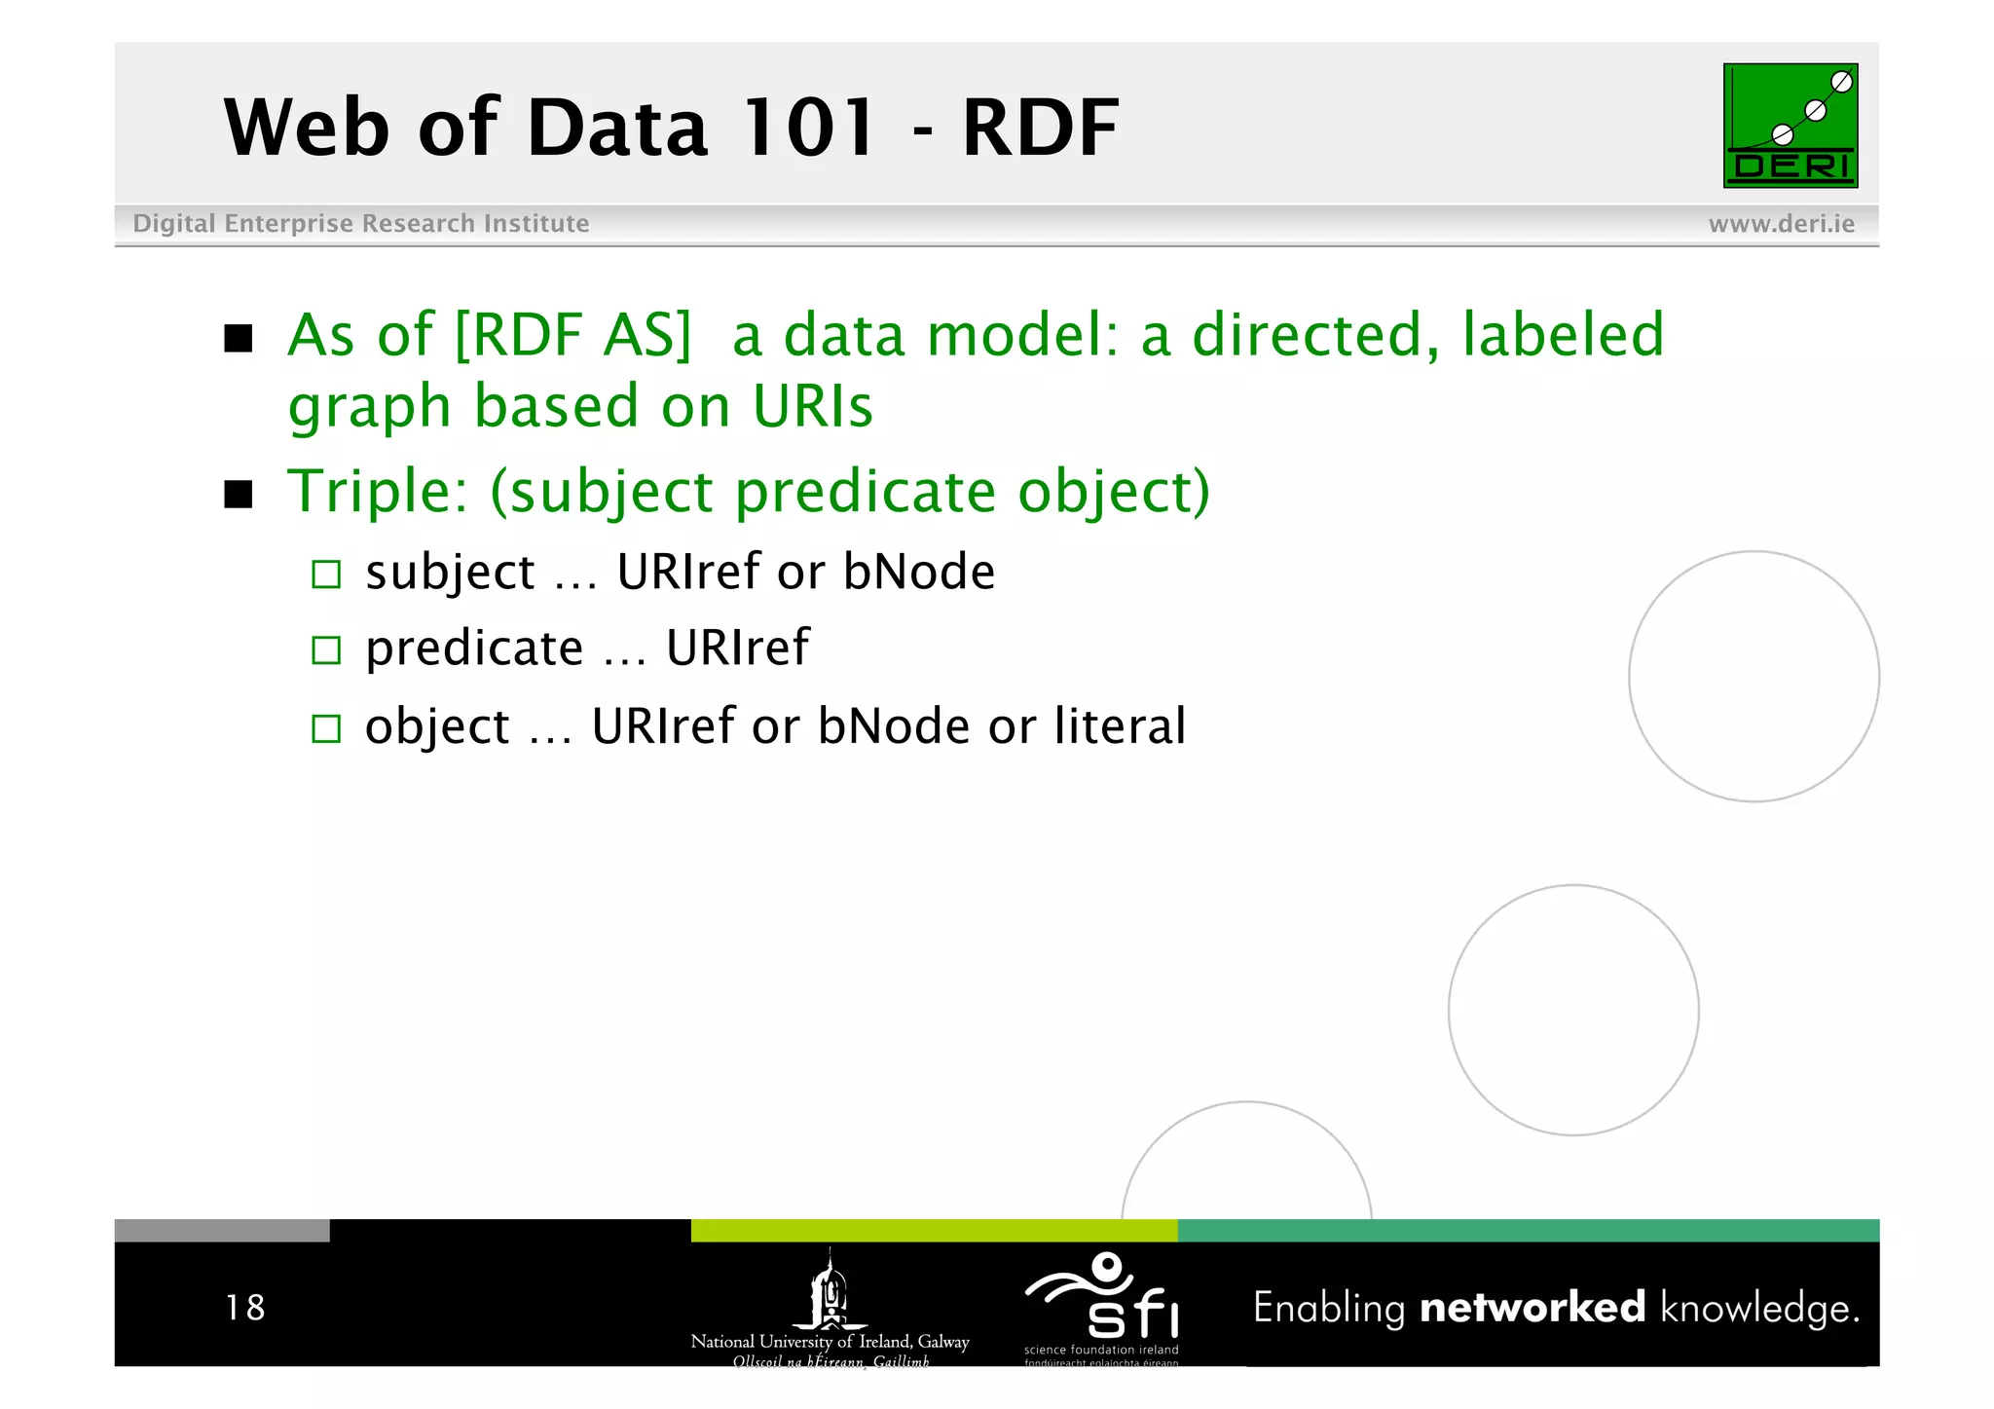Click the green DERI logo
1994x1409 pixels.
(x=1790, y=126)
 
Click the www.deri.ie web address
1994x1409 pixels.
(x=1781, y=224)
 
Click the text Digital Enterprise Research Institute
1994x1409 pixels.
(x=360, y=224)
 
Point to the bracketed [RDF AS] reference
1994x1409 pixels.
(x=572, y=336)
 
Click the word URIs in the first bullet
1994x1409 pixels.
(x=812, y=406)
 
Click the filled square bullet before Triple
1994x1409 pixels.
(x=239, y=494)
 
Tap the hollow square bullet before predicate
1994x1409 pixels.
(x=326, y=650)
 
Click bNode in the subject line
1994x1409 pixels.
(x=918, y=572)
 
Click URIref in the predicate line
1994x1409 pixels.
(x=737, y=649)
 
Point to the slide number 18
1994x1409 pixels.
(x=244, y=1308)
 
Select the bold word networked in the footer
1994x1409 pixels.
(x=1532, y=1308)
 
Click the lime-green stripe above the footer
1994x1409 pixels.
(x=934, y=1231)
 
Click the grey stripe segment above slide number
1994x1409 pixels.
(x=222, y=1231)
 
